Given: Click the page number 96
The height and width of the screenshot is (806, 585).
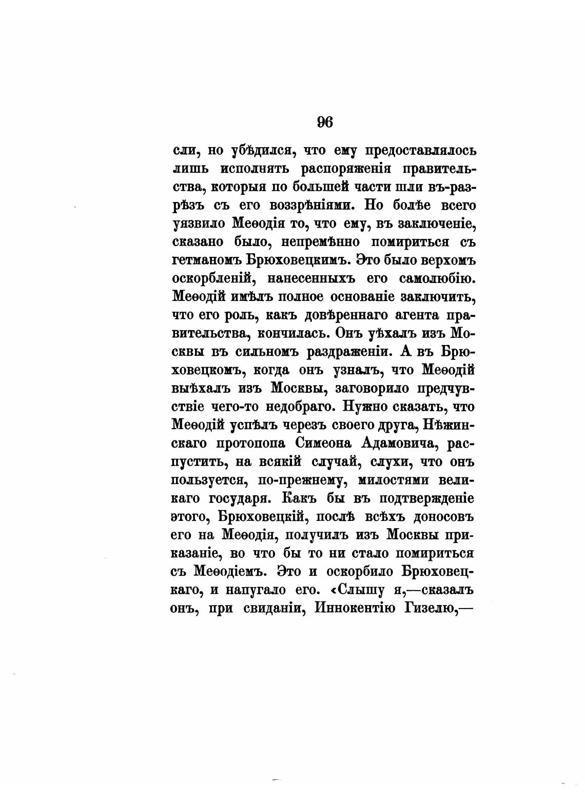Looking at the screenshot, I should (325, 122).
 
